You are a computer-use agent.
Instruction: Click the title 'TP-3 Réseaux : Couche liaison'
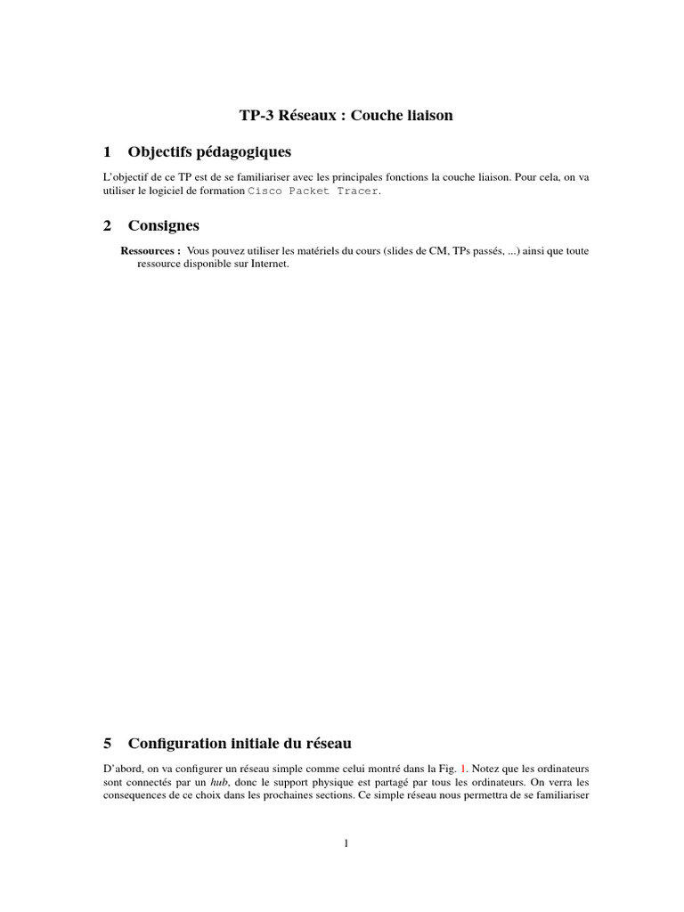coord(346,116)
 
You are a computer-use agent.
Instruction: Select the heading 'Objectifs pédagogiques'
coord(209,151)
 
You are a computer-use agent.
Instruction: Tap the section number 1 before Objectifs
coord(107,151)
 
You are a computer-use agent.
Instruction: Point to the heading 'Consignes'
coord(164,226)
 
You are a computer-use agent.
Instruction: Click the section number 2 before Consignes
coord(107,226)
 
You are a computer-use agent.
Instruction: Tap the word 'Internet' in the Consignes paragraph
coord(268,265)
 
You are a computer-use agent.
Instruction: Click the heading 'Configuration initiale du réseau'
coord(240,743)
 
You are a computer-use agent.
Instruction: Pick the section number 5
coord(107,743)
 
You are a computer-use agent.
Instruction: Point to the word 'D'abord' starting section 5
coord(121,767)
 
